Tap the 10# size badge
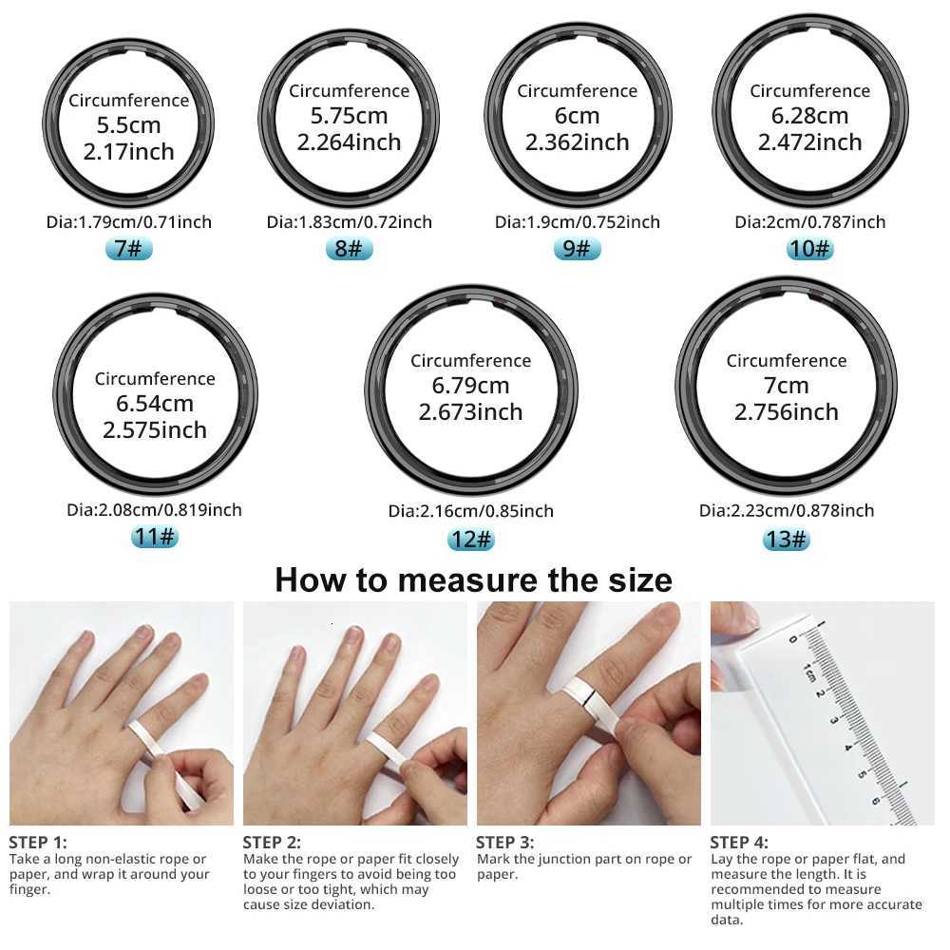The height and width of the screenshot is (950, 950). pos(809,250)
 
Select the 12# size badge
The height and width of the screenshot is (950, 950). pos(471,540)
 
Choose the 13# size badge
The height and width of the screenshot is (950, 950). pos(786,540)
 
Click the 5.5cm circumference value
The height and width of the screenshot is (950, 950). pos(128,125)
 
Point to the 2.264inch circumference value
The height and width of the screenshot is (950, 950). pos(349,142)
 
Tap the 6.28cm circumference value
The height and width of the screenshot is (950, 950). pos(809,116)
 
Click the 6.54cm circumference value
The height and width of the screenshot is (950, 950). pos(155,404)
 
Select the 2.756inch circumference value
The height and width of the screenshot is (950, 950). pos(786,412)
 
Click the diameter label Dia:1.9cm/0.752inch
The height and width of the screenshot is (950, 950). pos(578,222)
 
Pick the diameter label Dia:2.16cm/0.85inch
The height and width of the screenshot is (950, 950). pos(471,511)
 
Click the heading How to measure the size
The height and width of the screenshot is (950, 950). pos(473,579)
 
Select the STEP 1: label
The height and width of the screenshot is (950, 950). pos(38,842)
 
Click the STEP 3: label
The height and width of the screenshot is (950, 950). pos(504,842)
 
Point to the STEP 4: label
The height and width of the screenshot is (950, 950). pos(739,842)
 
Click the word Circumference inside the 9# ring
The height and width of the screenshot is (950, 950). pos(578,91)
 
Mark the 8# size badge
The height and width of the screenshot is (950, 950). pos(349,250)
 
